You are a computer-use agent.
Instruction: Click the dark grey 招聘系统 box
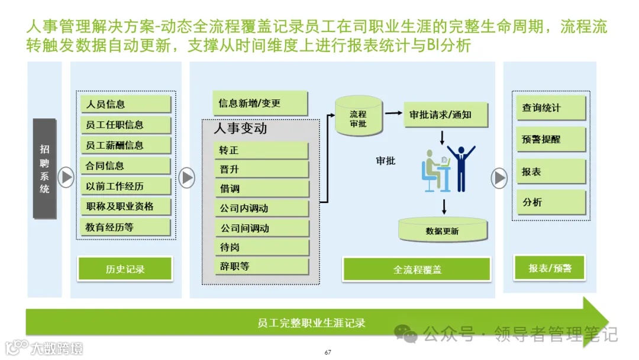coord(44,168)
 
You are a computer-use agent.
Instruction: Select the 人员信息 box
coord(125,104)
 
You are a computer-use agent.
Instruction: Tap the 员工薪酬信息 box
coord(125,145)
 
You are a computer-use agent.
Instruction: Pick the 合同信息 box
coord(125,166)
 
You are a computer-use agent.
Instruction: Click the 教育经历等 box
coord(125,227)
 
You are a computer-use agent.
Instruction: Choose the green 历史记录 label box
coord(125,269)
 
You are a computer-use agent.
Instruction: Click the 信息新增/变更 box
coord(260,104)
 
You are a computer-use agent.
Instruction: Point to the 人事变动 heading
coord(240,128)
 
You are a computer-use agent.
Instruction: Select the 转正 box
coord(261,150)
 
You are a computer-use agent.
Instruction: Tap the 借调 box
coord(261,189)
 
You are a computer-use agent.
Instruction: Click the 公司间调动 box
coord(261,228)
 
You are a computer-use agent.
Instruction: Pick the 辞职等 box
coord(261,266)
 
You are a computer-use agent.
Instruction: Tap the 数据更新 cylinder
coord(442,230)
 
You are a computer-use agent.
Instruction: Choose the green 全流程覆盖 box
coord(417,269)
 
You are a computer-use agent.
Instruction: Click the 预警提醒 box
coord(550,140)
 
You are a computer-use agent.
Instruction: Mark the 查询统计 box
coord(550,108)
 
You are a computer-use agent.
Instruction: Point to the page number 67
coord(328,353)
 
